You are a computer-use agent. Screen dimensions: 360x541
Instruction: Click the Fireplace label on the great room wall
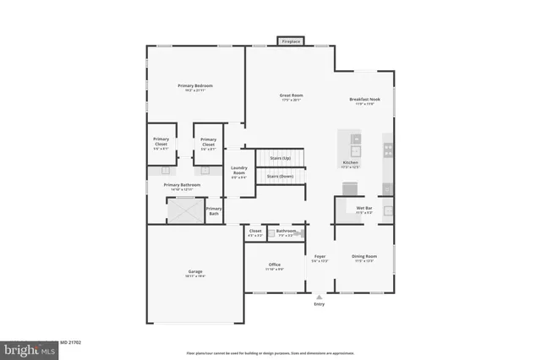click(292, 41)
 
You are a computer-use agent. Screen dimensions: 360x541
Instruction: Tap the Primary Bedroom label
click(194, 86)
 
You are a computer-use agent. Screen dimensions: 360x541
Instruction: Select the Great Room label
click(292, 95)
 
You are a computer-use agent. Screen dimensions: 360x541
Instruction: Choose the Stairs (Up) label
click(280, 158)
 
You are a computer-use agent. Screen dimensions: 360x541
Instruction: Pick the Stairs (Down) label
click(281, 177)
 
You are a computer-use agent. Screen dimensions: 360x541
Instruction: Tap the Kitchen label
click(350, 162)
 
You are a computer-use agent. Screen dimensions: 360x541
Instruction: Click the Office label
click(275, 265)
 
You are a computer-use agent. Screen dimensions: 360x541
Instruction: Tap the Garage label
click(194, 271)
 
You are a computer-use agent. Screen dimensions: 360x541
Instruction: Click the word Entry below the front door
click(319, 304)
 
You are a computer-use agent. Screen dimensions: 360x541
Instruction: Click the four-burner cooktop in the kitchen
click(388, 150)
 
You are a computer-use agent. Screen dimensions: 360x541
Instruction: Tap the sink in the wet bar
click(388, 211)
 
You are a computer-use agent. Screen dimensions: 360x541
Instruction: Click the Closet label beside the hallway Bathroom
click(254, 231)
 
